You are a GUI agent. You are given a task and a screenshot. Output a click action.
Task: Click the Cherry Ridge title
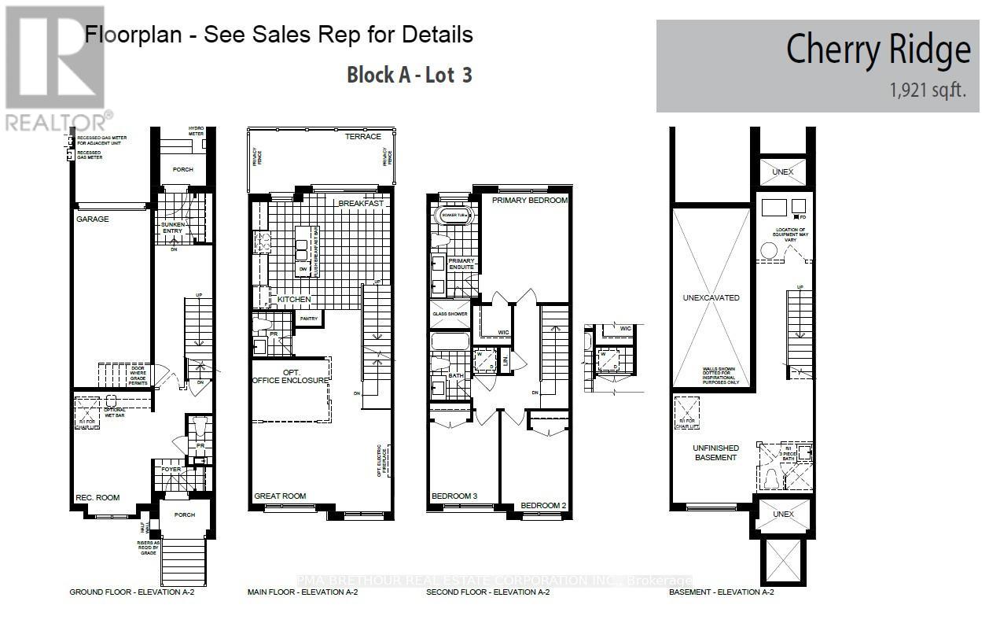878,50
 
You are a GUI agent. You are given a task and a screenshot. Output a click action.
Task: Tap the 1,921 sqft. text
928,90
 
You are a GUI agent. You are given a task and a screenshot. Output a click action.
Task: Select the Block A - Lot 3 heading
409,76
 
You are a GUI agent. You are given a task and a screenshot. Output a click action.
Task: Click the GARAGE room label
92,219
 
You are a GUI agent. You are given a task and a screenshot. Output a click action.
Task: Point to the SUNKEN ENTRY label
171,227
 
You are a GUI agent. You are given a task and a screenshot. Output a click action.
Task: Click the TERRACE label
362,136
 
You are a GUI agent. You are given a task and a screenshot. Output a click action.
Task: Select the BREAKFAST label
361,204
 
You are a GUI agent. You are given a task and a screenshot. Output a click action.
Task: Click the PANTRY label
309,319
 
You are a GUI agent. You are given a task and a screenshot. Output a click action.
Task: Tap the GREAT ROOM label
280,496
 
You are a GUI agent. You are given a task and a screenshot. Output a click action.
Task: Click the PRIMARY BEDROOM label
529,201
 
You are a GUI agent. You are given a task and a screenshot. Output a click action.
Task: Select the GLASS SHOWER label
450,314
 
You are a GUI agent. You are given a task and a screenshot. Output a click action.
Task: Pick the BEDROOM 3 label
455,496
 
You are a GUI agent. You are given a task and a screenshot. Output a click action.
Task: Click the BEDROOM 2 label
543,505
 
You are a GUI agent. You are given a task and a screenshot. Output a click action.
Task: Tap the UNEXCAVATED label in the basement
711,298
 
